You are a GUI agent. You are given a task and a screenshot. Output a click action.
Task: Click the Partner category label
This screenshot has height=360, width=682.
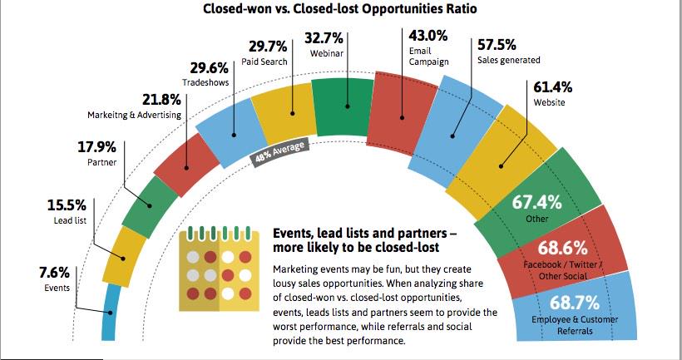tap(101, 163)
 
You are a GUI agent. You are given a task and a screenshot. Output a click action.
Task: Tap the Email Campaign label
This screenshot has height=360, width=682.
tap(429, 57)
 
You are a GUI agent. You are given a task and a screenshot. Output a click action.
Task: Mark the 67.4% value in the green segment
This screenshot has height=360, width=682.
tap(537, 203)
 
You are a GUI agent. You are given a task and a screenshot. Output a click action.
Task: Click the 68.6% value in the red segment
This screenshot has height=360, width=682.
tap(564, 249)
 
